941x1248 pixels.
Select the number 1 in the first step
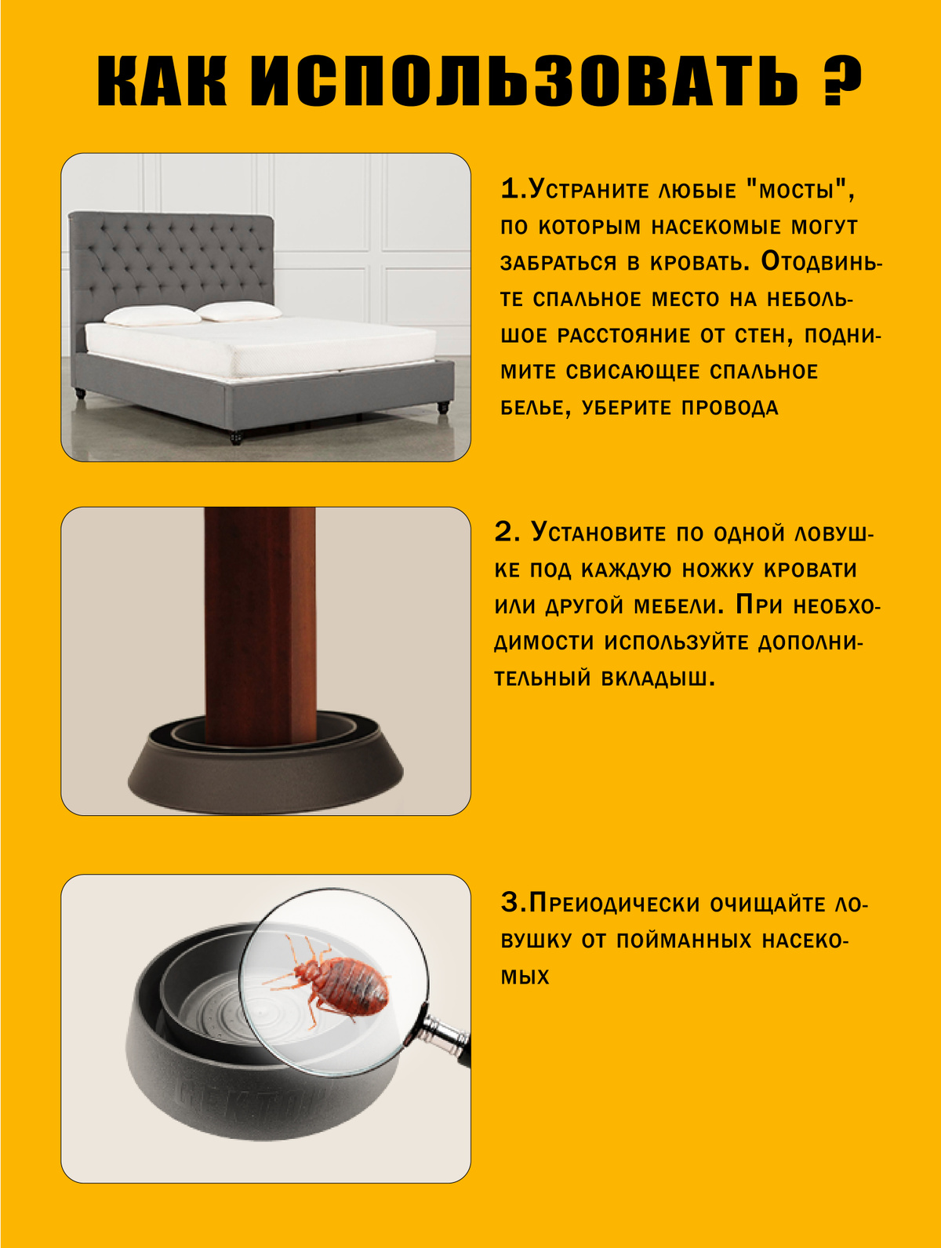[510, 189]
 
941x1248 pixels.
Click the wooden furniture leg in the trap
[260, 625]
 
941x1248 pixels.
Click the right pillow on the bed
[238, 311]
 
